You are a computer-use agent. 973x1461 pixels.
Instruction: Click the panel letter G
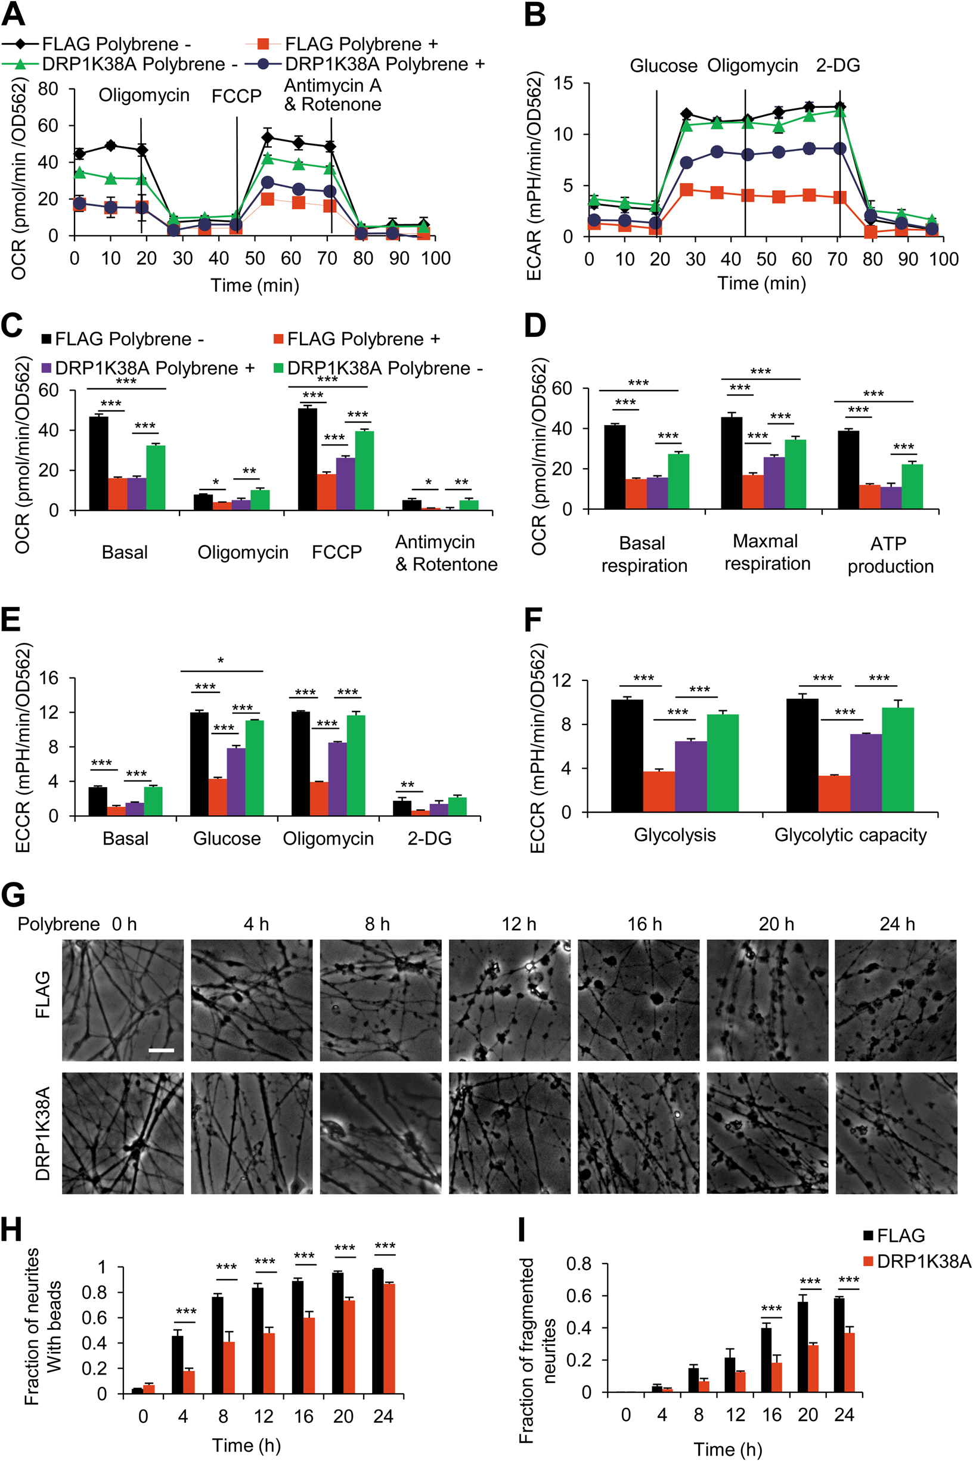click(14, 896)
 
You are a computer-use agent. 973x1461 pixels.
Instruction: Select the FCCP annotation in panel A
click(237, 96)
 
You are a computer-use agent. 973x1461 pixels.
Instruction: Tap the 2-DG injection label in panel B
click(838, 65)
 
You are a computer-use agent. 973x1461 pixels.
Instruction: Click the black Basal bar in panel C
click(98, 463)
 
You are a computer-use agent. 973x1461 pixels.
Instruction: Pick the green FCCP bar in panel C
click(364, 471)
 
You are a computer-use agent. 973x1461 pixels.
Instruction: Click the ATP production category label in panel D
click(890, 555)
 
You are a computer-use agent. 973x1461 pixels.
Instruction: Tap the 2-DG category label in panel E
click(429, 838)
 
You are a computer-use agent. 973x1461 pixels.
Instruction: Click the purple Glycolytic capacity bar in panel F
click(866, 773)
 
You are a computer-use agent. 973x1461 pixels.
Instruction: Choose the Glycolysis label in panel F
click(674, 835)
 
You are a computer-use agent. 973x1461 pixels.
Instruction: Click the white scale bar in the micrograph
click(162, 1050)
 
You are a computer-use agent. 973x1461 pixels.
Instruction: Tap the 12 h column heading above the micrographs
click(519, 924)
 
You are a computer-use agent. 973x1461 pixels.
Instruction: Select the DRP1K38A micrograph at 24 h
click(895, 1132)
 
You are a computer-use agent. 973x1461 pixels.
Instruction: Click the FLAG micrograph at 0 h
click(123, 1000)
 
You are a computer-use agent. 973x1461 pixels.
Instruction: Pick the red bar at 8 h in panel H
click(229, 1367)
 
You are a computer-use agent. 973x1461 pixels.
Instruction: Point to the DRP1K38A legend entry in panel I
click(916, 1261)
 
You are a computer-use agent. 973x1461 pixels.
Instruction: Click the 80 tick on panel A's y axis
click(48, 89)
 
